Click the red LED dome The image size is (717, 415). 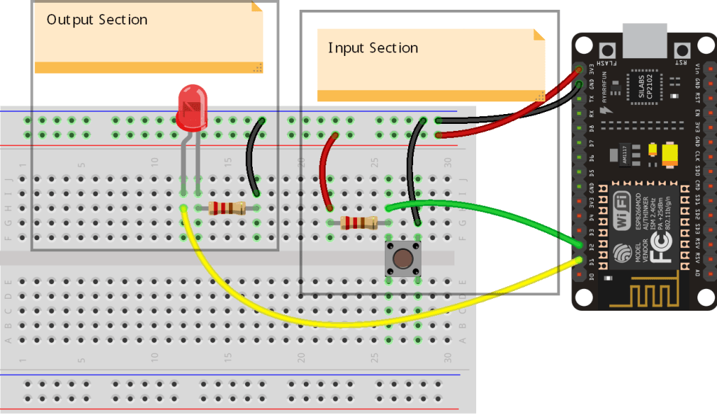(x=192, y=107)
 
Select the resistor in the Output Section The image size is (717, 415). (x=227, y=207)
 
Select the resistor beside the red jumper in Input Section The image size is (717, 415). (x=358, y=223)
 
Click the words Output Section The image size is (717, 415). (x=97, y=20)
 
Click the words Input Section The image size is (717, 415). (x=373, y=48)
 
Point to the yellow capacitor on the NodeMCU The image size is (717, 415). (x=670, y=153)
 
